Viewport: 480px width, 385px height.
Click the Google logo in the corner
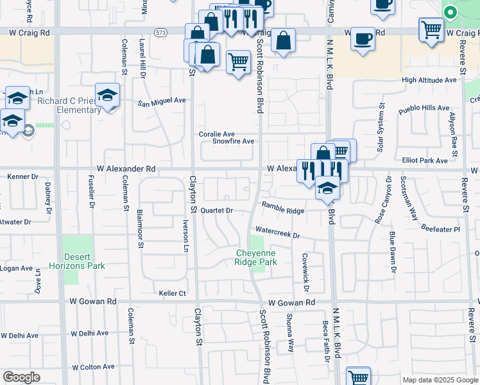[x=21, y=377]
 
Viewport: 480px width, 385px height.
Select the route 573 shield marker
[x=160, y=31]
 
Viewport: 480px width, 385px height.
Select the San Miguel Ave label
[x=162, y=101]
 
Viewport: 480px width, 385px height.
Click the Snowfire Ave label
[x=234, y=141]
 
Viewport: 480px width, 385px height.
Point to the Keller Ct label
[x=173, y=293]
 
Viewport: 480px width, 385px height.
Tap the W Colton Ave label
[x=93, y=367]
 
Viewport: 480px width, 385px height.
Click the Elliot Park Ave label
[x=424, y=160]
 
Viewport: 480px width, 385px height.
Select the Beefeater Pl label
[x=440, y=228]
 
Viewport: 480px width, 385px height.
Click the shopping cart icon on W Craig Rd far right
[x=431, y=30]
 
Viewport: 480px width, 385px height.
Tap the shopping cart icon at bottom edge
[x=358, y=377]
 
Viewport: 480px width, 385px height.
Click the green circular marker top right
[x=450, y=12]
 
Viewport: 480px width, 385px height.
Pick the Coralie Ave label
[x=215, y=133]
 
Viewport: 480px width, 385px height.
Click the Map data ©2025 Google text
[x=440, y=380]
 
